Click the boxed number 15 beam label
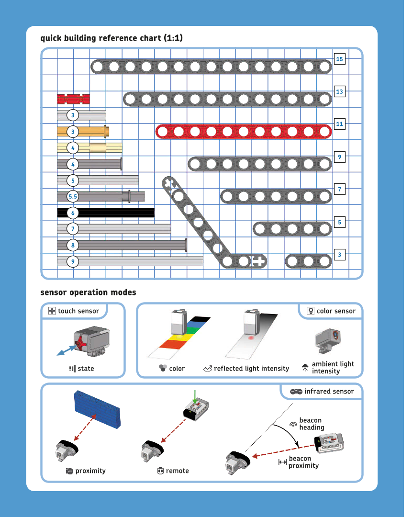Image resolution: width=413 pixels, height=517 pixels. click(x=339, y=59)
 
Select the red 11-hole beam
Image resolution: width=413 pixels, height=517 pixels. click(x=244, y=132)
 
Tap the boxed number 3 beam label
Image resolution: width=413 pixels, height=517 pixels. click(x=339, y=255)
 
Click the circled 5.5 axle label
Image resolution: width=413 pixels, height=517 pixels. click(x=73, y=196)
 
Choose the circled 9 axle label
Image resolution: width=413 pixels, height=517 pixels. click(x=73, y=261)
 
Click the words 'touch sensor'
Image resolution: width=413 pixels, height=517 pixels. click(x=78, y=311)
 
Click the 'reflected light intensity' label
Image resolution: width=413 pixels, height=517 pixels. click(x=251, y=369)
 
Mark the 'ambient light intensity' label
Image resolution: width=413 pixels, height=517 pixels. click(x=333, y=367)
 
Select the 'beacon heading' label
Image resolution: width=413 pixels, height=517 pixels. click(x=312, y=424)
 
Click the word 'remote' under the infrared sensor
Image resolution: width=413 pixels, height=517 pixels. click(x=177, y=471)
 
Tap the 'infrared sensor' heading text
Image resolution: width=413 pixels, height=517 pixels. click(x=329, y=392)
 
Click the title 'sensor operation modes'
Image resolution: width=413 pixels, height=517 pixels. click(x=88, y=292)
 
